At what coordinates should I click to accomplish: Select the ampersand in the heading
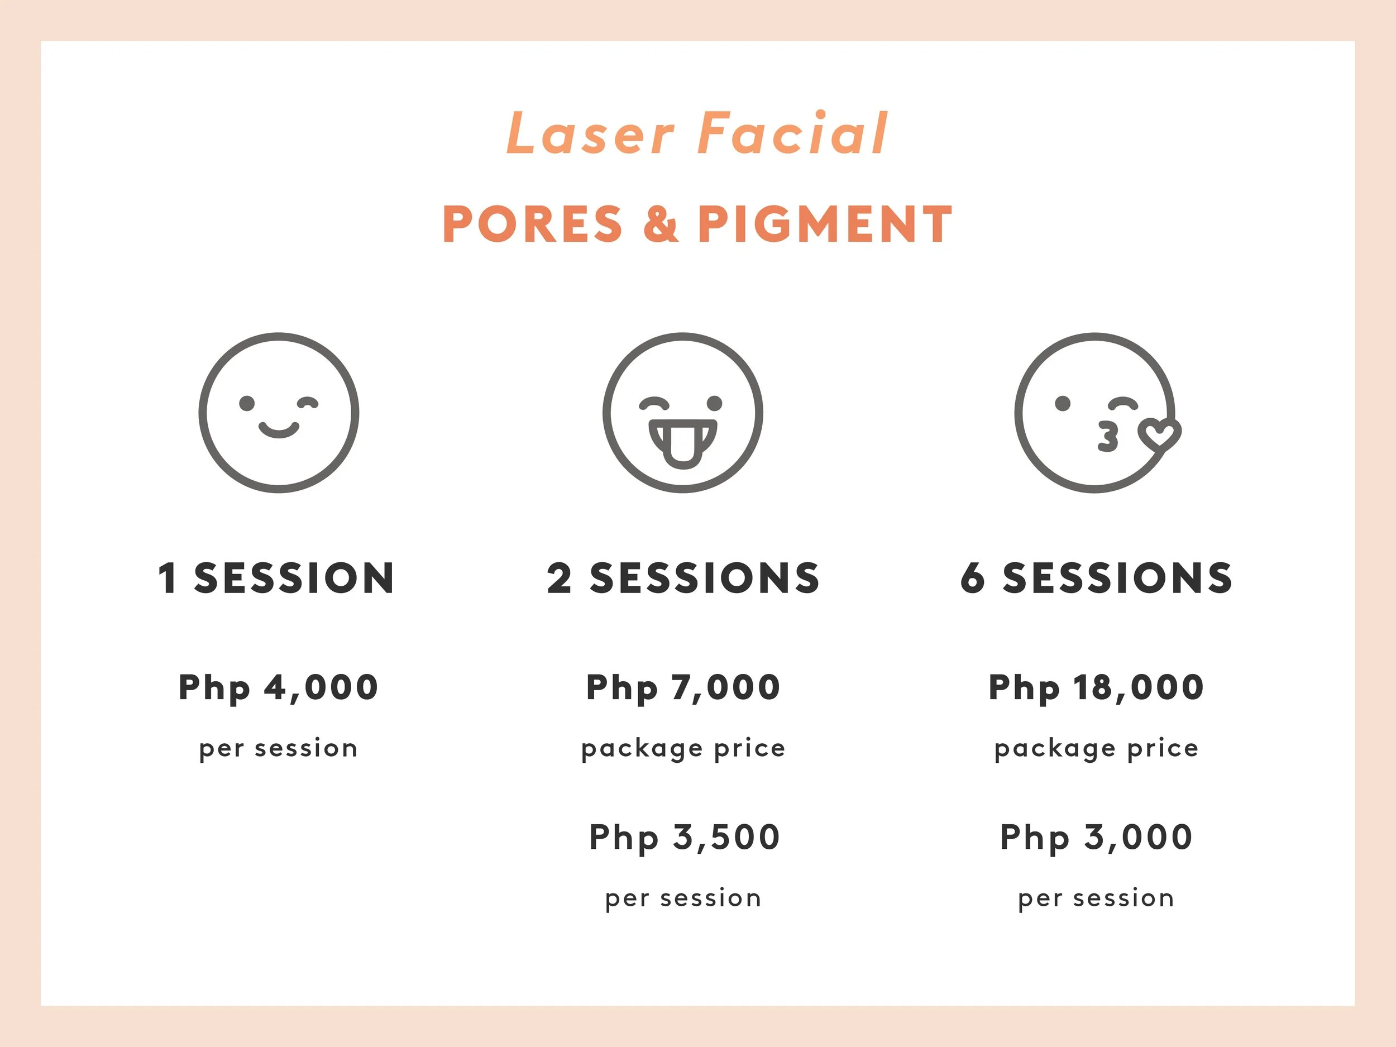point(661,224)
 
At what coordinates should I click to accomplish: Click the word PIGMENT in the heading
point(825,224)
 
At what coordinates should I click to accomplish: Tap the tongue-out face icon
point(682,413)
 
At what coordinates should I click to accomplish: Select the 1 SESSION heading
point(276,578)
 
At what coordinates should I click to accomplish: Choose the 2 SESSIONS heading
point(683,578)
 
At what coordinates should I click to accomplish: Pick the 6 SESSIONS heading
point(1096,578)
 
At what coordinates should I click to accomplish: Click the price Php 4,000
point(278,687)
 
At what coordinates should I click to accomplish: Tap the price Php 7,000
point(683,687)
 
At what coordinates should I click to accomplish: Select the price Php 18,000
point(1096,687)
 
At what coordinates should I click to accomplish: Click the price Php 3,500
point(685,838)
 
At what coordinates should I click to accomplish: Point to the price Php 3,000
point(1096,838)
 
